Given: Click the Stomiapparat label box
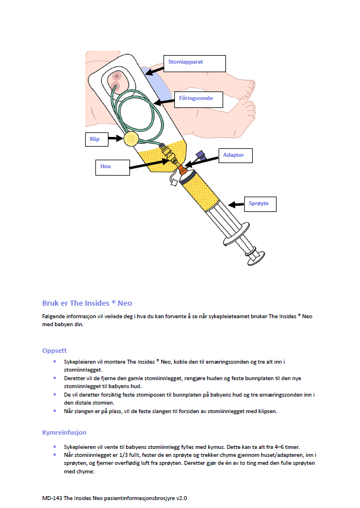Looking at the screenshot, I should [194, 63].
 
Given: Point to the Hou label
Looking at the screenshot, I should [111, 167].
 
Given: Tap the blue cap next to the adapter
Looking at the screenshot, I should [199, 154].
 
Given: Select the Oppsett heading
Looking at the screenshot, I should [55, 350].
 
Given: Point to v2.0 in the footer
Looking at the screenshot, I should [181, 498].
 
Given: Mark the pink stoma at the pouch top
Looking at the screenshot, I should [117, 76].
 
